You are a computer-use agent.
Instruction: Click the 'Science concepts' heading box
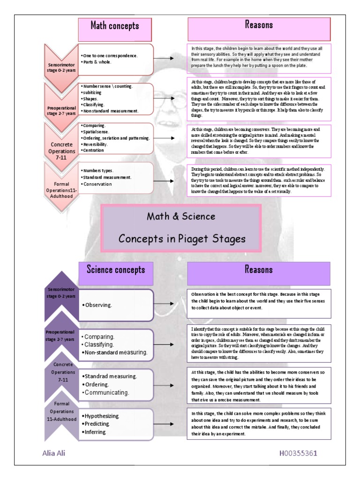pyautogui.click(x=116, y=269)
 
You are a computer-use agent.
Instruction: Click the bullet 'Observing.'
pyautogui.click(x=97, y=305)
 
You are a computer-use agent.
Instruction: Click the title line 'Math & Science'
pyautogui.click(x=181, y=217)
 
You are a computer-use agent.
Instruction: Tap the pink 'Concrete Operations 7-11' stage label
pyautogui.click(x=62, y=151)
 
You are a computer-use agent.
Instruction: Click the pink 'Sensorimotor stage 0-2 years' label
pyautogui.click(x=62, y=67)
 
